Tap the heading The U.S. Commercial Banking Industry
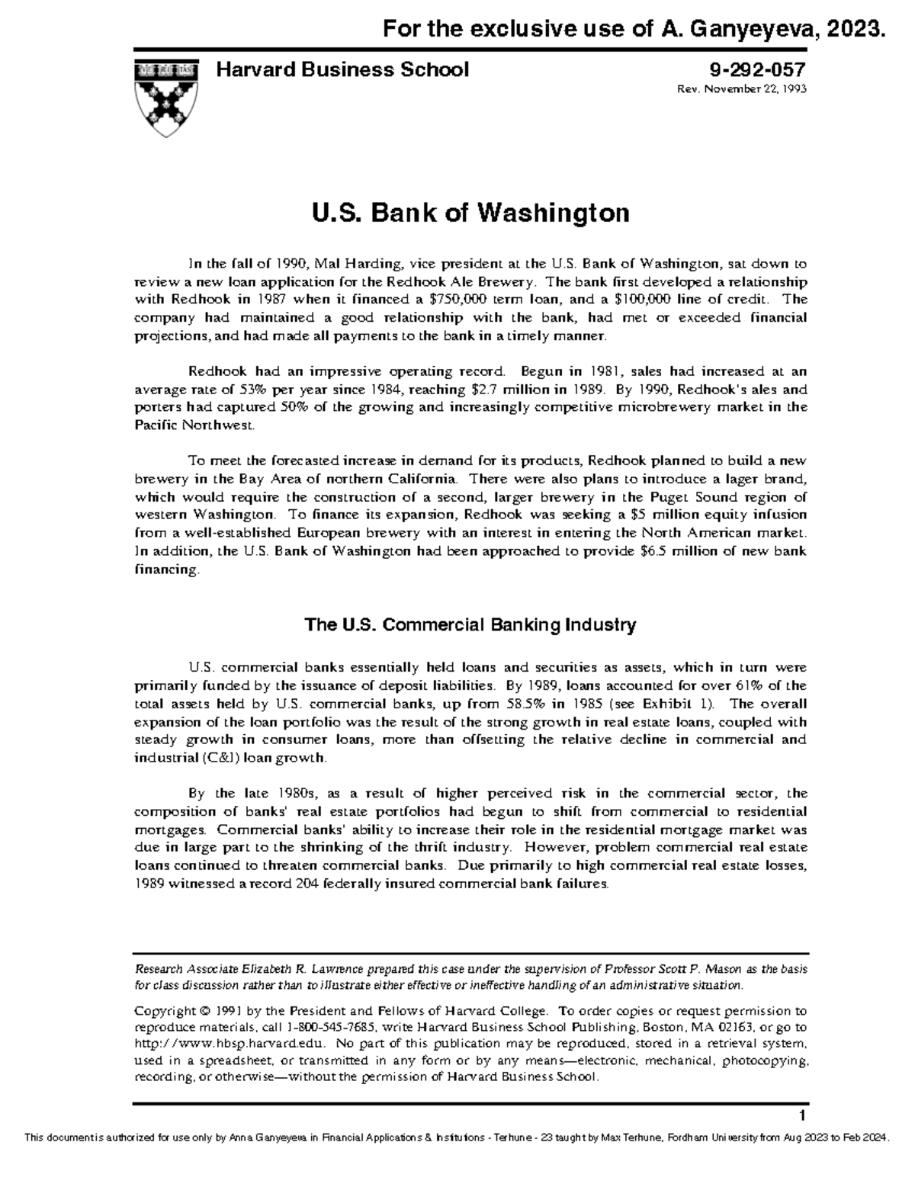click(x=470, y=626)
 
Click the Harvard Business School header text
click(x=343, y=71)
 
